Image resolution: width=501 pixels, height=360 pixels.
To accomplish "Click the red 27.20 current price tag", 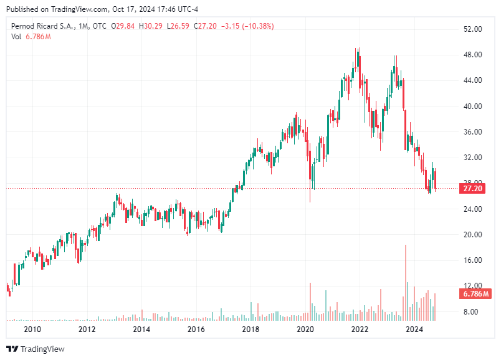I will [470, 188].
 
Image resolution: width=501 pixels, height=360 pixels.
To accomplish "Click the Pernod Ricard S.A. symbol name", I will [42, 26].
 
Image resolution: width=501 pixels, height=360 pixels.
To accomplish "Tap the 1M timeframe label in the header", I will [83, 26].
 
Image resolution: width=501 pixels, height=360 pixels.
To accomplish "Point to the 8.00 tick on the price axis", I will [474, 311].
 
